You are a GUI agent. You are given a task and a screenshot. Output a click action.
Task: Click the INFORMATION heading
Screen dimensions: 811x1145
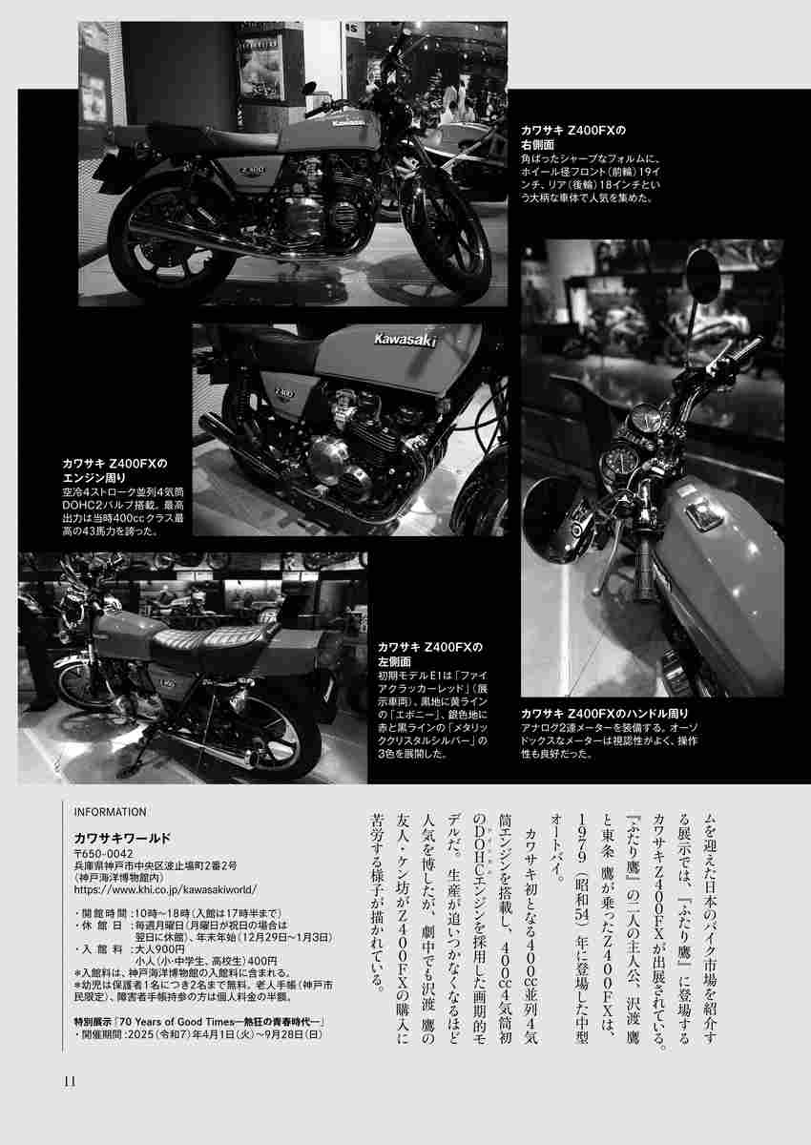[110, 812]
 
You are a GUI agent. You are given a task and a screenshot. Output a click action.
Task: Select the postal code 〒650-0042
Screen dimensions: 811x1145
[104, 854]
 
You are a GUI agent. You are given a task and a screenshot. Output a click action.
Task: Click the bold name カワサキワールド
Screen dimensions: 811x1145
[122, 839]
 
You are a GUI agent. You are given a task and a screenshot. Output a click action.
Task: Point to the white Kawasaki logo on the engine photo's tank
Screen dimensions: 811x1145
[405, 340]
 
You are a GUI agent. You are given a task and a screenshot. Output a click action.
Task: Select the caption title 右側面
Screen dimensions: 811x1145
[537, 145]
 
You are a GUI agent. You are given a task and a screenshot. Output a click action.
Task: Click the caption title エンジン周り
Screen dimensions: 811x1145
[94, 478]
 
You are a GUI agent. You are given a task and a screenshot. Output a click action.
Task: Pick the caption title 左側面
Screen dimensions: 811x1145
[394, 661]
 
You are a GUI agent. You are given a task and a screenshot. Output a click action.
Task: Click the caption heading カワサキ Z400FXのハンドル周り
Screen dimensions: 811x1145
[605, 714]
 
